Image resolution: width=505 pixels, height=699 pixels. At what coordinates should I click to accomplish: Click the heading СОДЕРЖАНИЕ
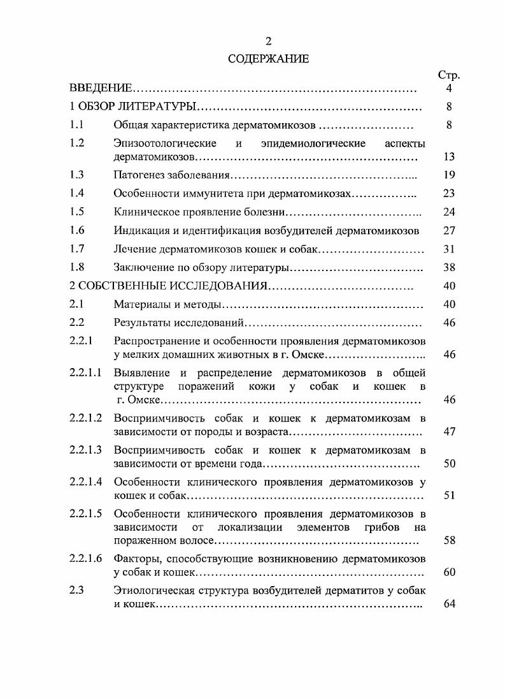point(268,59)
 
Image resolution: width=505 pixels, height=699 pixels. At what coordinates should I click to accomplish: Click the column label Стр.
point(449,75)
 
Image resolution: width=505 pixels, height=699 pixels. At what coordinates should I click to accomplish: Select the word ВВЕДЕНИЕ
point(101,89)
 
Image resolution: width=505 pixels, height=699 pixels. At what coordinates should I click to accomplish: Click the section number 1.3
point(78,174)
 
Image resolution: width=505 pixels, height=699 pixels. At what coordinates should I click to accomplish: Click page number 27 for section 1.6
point(449,230)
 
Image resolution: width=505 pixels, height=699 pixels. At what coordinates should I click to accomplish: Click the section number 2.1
point(78,305)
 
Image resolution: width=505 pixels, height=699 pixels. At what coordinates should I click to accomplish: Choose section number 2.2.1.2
point(86,418)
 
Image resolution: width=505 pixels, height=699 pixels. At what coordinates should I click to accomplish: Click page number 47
point(449,432)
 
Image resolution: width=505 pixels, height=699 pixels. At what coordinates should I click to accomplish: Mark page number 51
point(449,496)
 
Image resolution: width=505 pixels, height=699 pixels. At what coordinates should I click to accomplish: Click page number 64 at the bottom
point(449,604)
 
